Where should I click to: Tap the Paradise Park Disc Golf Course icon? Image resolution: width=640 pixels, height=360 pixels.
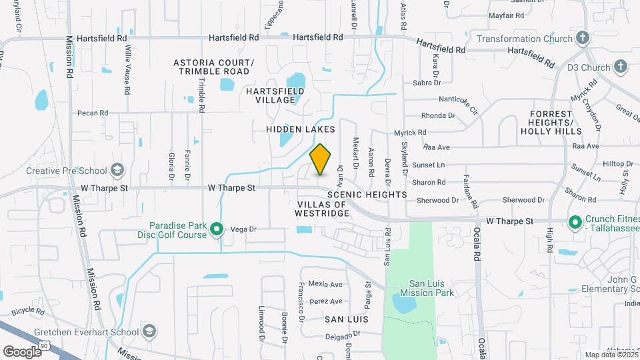pos(216,230)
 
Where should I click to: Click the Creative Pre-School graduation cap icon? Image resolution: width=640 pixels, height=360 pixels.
pos(117,171)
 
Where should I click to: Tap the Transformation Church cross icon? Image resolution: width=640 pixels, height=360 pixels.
pos(582,39)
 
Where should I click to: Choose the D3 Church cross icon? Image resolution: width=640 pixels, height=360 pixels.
pos(621,67)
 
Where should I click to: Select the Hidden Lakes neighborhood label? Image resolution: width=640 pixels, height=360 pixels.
pos(300,129)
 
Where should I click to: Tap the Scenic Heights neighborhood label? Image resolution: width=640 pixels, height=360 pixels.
pos(367,194)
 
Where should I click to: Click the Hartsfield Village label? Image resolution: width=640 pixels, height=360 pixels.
pos(275,95)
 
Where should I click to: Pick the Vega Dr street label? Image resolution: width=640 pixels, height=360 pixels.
pos(243,229)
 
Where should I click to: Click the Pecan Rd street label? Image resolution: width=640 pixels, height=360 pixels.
pos(92,113)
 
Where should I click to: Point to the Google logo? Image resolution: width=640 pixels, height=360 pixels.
pos(22,351)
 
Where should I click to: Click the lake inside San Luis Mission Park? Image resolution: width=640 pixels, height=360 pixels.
pos(405,305)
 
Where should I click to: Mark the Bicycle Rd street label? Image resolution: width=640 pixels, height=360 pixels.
pos(27,311)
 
